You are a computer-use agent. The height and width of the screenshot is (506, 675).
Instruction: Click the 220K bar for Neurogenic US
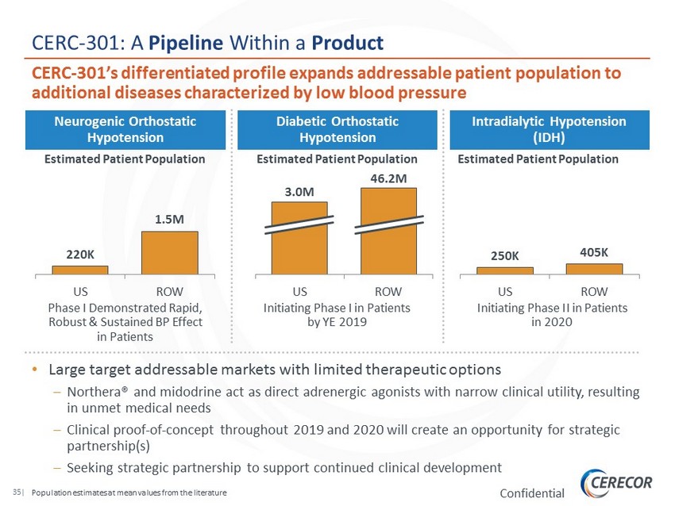80,270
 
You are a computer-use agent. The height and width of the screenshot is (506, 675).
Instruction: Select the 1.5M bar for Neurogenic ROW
169,253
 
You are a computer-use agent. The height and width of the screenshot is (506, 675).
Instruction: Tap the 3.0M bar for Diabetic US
299,238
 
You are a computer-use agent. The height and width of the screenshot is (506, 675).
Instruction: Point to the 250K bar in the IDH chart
504,270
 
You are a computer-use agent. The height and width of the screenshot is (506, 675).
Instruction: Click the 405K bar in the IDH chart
594,269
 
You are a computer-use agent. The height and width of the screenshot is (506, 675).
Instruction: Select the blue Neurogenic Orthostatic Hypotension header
125,129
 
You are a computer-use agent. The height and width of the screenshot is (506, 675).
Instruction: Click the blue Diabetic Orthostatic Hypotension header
337,129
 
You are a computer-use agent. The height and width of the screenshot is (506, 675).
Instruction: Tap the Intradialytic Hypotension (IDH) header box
549,129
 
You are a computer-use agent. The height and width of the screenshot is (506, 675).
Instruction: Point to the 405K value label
594,252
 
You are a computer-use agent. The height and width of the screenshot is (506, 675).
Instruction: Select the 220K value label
79,255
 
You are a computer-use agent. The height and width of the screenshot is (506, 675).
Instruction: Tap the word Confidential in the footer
532,493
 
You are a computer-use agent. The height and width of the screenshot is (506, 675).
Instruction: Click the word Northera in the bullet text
94,393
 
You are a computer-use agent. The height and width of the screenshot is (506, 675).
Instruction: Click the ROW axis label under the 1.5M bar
169,292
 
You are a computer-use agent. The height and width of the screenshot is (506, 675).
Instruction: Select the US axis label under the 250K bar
504,292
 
